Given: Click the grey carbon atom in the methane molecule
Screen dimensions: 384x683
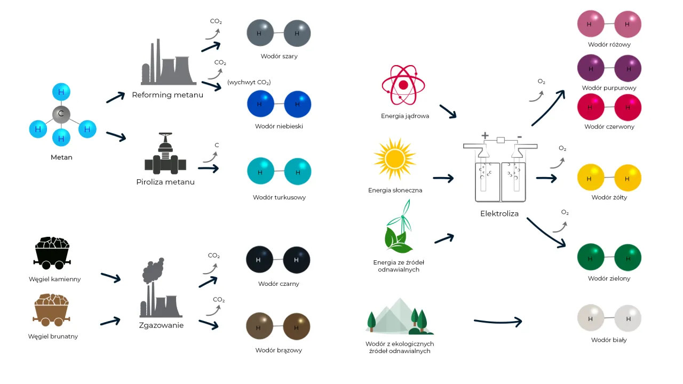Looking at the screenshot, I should click(x=61, y=114).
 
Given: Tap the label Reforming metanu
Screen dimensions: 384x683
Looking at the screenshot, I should click(x=168, y=95).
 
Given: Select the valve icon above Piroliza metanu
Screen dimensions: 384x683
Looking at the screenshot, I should click(x=165, y=154).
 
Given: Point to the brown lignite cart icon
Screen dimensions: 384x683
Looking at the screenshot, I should click(x=52, y=310).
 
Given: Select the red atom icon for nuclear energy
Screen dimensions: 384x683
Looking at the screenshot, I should click(x=403, y=85).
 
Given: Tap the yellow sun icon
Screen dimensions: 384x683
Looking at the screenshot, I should click(x=395, y=158).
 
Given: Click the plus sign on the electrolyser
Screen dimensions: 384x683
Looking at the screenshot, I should click(x=485, y=135).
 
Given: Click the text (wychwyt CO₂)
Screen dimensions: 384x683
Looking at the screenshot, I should click(x=249, y=82).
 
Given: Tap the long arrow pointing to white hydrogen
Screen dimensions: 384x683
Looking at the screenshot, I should click(x=498, y=321).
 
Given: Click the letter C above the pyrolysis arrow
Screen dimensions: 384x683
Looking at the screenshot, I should click(x=217, y=145).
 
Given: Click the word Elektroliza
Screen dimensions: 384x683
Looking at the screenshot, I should click(x=499, y=214).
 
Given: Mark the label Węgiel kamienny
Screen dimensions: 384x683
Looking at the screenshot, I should click(x=55, y=279).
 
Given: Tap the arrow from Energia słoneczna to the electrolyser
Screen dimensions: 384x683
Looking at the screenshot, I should click(x=443, y=178).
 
